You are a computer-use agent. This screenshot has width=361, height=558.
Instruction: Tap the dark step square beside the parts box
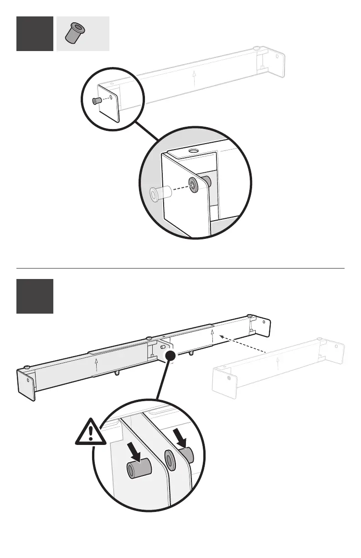pyautogui.click(x=35, y=34)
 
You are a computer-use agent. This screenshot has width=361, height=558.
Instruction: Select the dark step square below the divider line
pyautogui.click(x=35, y=296)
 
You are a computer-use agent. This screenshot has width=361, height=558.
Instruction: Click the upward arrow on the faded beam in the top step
pyautogui.click(x=194, y=78)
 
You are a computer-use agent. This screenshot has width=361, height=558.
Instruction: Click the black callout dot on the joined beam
pyautogui.click(x=170, y=356)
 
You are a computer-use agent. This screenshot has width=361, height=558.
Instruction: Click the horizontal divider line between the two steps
pyautogui.click(x=180, y=269)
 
